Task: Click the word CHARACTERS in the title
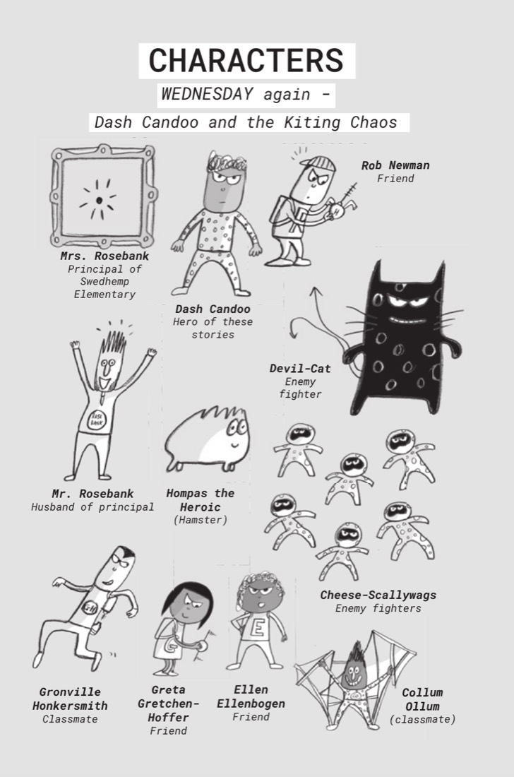(x=246, y=61)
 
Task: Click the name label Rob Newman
(x=395, y=165)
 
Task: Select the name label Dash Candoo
(x=213, y=309)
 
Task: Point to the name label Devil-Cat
(x=300, y=369)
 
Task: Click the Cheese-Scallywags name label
(x=378, y=595)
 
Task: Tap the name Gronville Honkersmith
(x=70, y=699)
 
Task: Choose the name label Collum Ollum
(x=422, y=699)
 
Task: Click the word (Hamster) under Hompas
(x=201, y=521)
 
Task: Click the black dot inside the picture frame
(x=99, y=200)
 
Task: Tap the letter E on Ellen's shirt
(x=257, y=627)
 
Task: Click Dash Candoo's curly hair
(x=227, y=163)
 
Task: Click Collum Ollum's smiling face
(x=354, y=673)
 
